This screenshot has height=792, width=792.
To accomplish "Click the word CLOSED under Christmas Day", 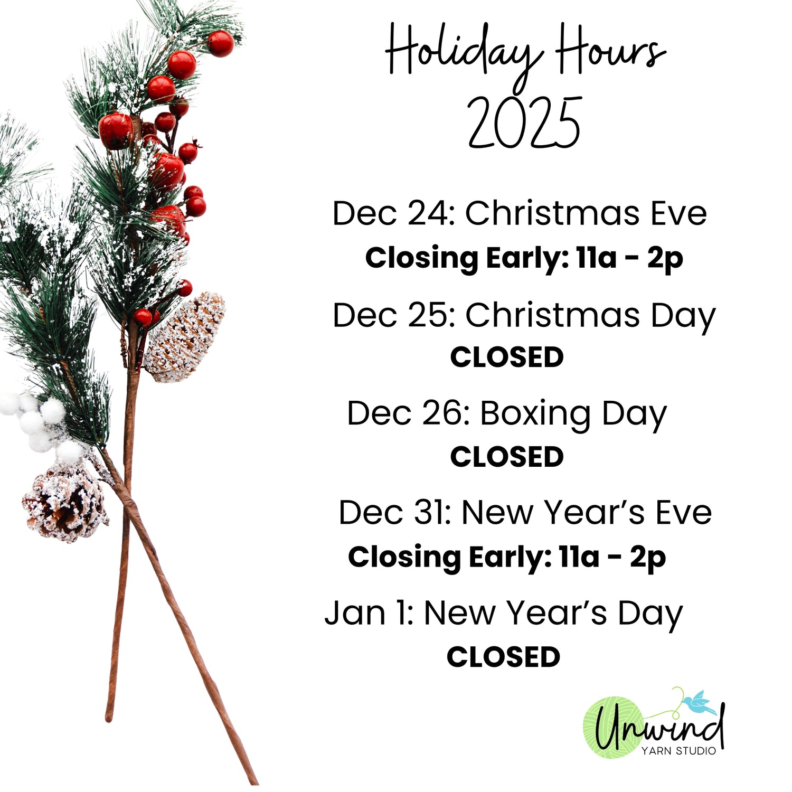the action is tap(507, 357).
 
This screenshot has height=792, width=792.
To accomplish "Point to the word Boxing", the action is tap(535, 414).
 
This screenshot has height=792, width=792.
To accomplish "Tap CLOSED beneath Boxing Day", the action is tap(507, 457).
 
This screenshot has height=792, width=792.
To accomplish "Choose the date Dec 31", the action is tap(394, 513).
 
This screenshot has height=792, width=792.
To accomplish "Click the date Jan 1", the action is tap(368, 613).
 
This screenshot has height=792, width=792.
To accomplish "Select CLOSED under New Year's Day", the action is tap(503, 657).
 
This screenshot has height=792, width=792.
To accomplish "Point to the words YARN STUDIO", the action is tap(678, 750).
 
